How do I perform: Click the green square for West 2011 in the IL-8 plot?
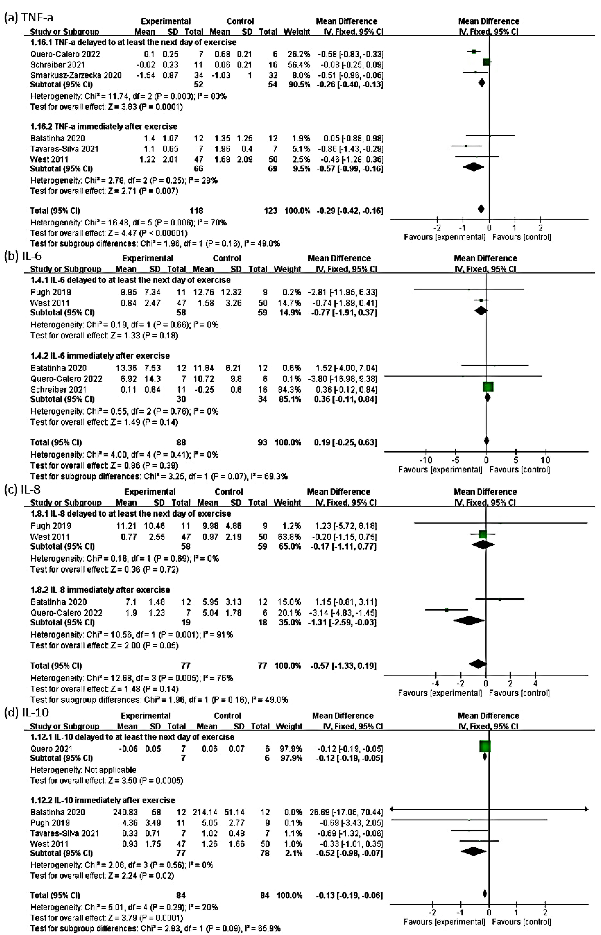tap(483, 534)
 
